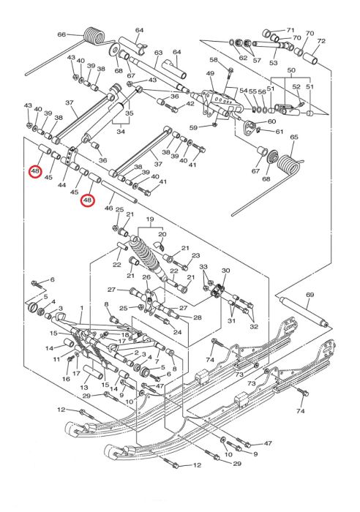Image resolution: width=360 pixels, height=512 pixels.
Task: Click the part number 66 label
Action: click(61, 34)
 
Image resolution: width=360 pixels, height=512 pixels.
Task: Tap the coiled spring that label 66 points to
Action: click(94, 36)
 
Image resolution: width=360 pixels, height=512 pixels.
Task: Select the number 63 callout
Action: click(159, 53)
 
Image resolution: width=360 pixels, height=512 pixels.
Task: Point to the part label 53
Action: click(273, 62)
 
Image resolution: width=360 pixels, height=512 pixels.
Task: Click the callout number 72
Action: click(321, 41)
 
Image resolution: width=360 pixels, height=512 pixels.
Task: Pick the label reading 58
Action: click(214, 60)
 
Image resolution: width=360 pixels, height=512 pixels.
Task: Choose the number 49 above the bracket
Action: click(210, 73)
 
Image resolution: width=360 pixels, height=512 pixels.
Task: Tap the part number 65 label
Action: click(294, 137)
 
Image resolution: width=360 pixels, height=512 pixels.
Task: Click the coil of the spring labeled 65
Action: click(288, 165)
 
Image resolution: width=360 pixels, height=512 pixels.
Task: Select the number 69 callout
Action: click(310, 295)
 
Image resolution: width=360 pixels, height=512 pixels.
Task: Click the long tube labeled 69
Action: click(303, 311)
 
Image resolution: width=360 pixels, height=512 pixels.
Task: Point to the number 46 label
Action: click(108, 208)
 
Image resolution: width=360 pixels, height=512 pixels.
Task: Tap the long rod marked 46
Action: click(119, 192)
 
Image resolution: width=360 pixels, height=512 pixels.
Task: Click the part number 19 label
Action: click(150, 219)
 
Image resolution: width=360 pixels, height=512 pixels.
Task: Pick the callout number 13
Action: click(84, 387)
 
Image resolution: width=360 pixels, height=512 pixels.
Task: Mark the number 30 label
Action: click(226, 271)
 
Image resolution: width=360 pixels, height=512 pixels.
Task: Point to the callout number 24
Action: click(177, 332)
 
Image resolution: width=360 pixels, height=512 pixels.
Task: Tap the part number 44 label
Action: click(61, 185)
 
